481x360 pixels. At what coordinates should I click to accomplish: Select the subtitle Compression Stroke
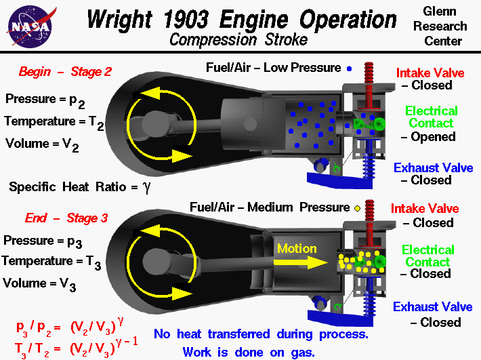click(238, 39)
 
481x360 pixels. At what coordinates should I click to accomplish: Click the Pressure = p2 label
click(43, 99)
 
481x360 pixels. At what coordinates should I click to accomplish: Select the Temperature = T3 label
click(51, 262)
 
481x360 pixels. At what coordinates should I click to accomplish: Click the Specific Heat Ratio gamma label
click(80, 186)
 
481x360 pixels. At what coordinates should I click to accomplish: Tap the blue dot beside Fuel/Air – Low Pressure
click(349, 68)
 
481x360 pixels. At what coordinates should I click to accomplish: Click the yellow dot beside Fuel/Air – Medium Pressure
click(356, 207)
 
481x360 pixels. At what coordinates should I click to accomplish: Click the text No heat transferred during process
click(260, 334)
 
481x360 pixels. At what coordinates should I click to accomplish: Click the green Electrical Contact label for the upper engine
click(432, 117)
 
